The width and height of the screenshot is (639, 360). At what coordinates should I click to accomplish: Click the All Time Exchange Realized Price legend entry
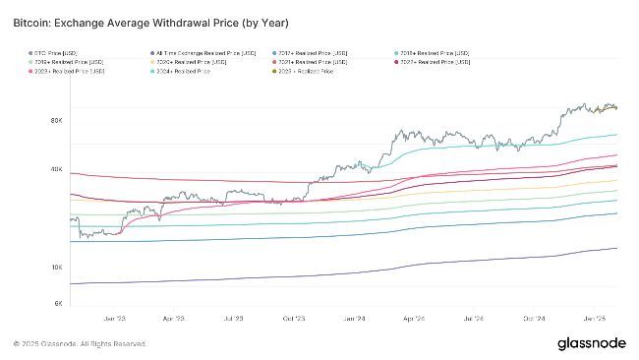[198, 52]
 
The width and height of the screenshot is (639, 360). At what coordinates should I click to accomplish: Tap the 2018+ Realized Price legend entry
[435, 52]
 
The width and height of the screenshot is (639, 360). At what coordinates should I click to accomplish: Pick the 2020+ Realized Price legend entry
[189, 62]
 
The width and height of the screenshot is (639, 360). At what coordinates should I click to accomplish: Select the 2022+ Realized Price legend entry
[435, 62]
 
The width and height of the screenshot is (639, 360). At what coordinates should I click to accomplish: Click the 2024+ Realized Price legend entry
[205, 72]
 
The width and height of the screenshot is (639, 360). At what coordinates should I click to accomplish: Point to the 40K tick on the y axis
[57, 169]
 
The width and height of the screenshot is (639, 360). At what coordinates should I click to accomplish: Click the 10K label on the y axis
[57, 267]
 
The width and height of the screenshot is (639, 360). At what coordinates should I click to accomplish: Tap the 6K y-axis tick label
[59, 304]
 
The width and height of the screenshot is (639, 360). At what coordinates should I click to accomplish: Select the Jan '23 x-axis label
[113, 319]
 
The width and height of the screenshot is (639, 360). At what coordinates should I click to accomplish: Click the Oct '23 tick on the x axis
[293, 319]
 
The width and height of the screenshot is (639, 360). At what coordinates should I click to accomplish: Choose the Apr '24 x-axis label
[413, 319]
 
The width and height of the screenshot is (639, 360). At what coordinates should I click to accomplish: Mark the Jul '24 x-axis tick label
[473, 319]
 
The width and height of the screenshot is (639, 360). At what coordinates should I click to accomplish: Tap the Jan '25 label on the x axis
[593, 319]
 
